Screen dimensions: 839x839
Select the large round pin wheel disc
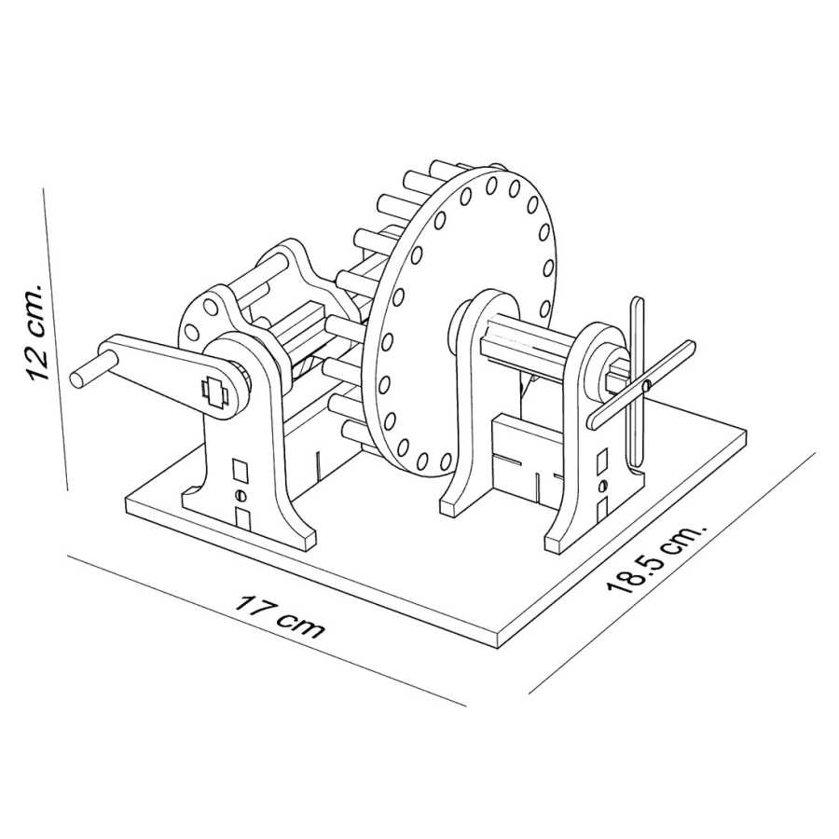pyautogui.click(x=466, y=317)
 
